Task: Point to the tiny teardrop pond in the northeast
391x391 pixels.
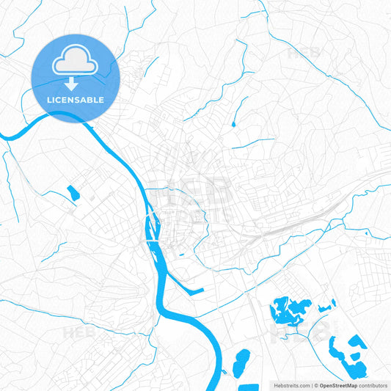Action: click(234, 124)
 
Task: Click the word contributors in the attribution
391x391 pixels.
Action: click(373, 384)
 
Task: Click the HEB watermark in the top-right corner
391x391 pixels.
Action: click(304, 53)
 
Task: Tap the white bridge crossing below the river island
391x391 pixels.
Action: click(152, 239)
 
